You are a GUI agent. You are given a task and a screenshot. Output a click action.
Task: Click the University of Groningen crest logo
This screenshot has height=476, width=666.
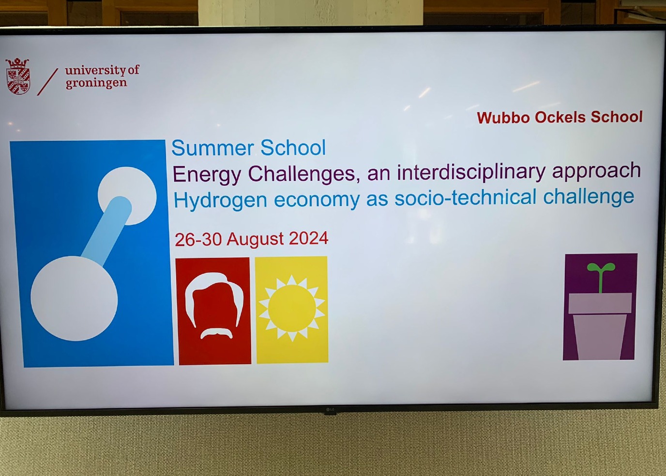coord(18,76)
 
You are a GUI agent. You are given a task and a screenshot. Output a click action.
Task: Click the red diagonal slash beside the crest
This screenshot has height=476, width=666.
coord(47,82)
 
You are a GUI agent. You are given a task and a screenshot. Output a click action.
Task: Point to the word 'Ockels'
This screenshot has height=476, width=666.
coord(560,117)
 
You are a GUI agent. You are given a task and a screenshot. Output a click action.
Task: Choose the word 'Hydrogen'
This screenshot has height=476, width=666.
coord(220,201)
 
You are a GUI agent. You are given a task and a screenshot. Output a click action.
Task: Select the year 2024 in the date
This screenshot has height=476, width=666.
coord(309,238)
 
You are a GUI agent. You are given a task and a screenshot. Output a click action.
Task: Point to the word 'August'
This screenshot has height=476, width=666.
coord(255,239)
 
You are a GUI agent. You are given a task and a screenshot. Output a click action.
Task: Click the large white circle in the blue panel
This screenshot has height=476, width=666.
coord(74,298)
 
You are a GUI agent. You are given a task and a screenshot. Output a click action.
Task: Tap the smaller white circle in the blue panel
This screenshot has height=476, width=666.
coord(127,196)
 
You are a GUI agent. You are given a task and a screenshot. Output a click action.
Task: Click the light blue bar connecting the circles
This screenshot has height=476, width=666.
coord(106,231)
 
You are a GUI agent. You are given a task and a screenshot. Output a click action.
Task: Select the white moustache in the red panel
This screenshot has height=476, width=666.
coord(216,333)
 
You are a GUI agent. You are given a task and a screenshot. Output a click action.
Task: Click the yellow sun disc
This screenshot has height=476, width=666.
coord(292,308)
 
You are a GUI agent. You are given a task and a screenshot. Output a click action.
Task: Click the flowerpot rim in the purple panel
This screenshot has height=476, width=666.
coord(600,303)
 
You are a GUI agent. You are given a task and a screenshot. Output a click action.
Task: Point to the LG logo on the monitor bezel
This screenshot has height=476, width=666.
coord(330,410)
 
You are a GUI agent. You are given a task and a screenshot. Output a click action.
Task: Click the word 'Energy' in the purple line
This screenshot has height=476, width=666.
coord(207,175)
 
